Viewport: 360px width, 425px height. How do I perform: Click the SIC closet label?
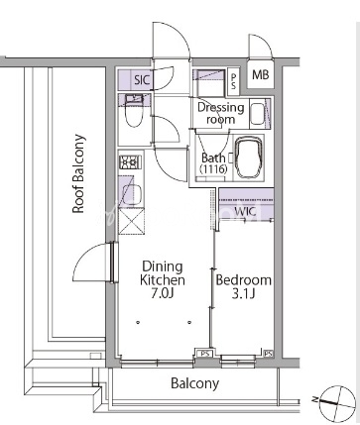click(x=142, y=79)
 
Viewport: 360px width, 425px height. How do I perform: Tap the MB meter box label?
click(x=261, y=74)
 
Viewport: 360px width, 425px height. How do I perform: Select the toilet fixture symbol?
click(x=134, y=115)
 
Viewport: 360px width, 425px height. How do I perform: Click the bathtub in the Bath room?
click(x=248, y=158)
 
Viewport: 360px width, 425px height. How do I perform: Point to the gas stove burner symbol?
click(x=130, y=162)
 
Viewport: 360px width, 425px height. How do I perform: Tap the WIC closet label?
click(x=245, y=211)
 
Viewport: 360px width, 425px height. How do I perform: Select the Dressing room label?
click(x=220, y=113)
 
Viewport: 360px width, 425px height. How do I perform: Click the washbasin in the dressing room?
click(x=258, y=114)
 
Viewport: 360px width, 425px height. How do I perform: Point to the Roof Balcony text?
click(x=78, y=173)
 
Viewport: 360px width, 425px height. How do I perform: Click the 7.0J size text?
click(x=162, y=293)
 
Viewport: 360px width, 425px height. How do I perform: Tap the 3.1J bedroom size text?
click(x=243, y=293)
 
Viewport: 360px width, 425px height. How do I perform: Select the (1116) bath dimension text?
click(x=213, y=169)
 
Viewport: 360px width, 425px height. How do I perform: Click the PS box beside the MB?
click(x=233, y=81)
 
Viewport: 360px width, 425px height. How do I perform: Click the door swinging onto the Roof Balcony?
click(x=93, y=262)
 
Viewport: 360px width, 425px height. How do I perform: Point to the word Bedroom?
click(x=244, y=280)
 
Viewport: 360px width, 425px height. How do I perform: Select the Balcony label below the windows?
click(x=194, y=383)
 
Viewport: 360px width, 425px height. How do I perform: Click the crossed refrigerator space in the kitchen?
click(x=131, y=222)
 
